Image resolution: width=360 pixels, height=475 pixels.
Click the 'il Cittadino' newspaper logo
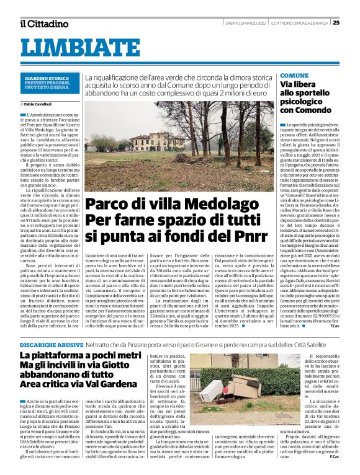click(43, 24)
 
